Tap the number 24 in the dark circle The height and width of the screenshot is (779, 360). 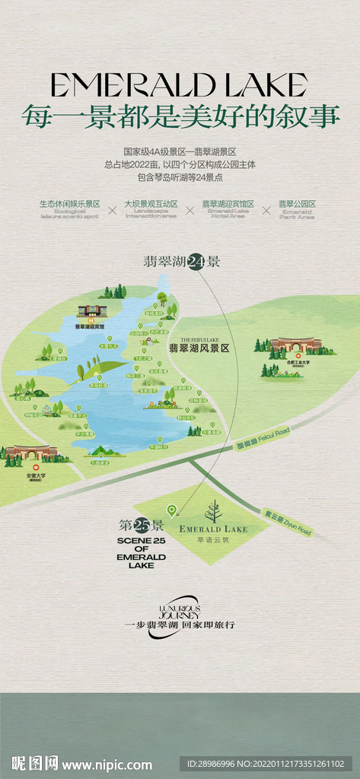pos(196,262)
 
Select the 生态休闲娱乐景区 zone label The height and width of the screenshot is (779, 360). pos(70,204)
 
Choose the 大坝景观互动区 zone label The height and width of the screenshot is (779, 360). pos(151,204)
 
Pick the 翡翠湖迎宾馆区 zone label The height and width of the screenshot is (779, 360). pos(228,204)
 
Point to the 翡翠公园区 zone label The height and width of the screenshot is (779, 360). pos(297,204)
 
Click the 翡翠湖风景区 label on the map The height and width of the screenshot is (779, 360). pos(199,348)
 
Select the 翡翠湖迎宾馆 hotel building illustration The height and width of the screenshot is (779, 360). pos(93,312)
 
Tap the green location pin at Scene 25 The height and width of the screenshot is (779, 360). pos(171,510)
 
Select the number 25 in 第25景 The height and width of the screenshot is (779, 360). pos(142,526)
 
